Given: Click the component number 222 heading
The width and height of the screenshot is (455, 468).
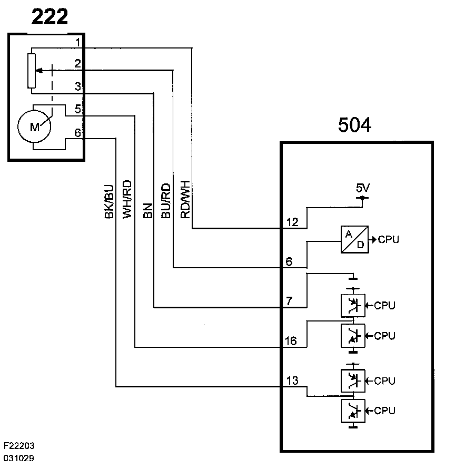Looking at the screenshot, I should tap(50, 17).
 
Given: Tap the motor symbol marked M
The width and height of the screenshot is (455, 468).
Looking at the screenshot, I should tap(34, 127).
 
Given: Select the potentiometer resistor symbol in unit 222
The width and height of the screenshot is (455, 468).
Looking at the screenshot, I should tap(33, 71).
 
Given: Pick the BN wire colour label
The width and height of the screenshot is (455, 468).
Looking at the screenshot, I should tap(148, 209).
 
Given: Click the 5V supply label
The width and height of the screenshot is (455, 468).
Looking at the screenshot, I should tap(363, 188).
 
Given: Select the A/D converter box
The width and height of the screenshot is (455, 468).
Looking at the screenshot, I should tap(354, 240).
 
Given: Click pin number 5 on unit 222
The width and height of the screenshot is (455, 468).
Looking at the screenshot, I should tap(77, 109).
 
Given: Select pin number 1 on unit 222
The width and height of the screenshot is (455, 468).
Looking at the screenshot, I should tap(77, 42).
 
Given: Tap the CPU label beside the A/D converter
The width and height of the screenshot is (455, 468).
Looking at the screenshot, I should tap(388, 240).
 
